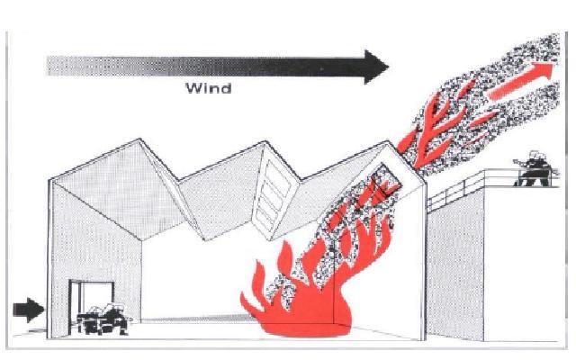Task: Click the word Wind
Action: [208, 88]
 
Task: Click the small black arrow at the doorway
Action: [30, 310]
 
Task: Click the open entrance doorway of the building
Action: [90, 301]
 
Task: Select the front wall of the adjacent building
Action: [454, 270]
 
